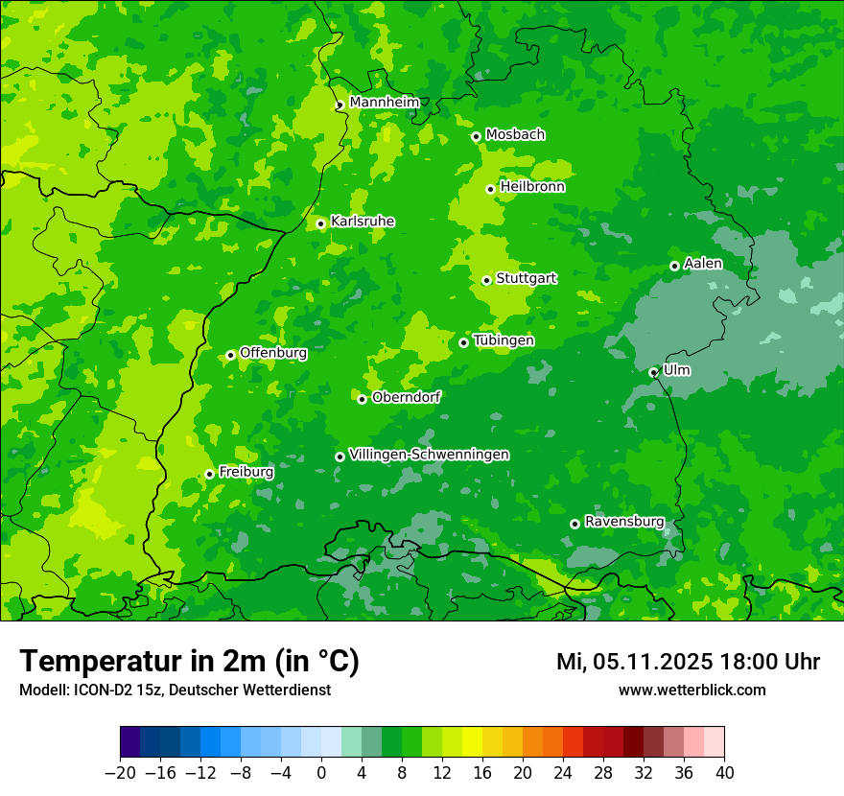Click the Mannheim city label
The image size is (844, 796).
384,103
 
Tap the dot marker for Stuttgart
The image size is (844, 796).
487,280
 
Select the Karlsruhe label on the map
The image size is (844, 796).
362,222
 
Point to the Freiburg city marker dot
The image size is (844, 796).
209,474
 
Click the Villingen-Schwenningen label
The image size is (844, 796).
429,455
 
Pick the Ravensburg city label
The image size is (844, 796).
623,522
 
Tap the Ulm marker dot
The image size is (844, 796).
653,372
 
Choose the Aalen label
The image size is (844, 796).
703,264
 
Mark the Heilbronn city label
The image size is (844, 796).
531,187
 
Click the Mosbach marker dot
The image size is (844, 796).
476,136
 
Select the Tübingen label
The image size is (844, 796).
503,340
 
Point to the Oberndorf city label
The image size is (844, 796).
406,397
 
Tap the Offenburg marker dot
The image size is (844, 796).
230,355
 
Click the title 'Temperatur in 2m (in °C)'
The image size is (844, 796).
189,662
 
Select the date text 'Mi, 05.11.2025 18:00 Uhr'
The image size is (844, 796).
688,662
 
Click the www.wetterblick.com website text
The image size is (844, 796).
692,690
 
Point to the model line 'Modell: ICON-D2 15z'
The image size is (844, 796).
175,690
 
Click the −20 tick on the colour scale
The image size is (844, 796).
120,773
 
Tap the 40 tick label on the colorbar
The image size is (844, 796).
724,773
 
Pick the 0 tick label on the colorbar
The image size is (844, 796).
321,773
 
